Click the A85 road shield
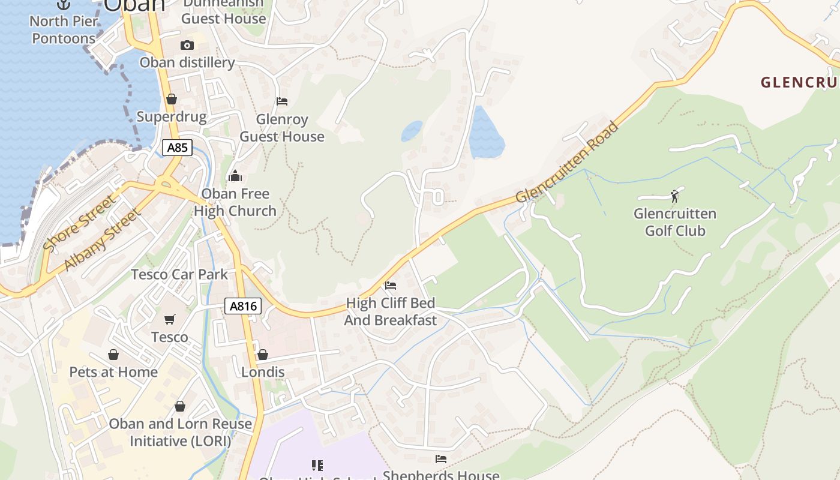tap(177, 147)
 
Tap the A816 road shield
tap(244, 306)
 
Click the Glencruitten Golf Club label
tap(675, 222)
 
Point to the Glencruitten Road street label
tap(566, 163)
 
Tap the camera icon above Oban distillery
tap(187, 46)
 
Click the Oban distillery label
tap(187, 62)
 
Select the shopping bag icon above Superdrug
tap(172, 99)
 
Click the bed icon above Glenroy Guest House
tap(282, 101)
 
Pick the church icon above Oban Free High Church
tap(235, 176)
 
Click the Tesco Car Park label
tap(179, 274)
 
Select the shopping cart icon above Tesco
tap(170, 319)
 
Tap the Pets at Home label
tap(113, 372)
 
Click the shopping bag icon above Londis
tap(262, 355)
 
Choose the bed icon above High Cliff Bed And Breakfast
tap(391, 286)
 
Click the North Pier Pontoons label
tap(64, 30)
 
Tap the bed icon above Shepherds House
tap(441, 459)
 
